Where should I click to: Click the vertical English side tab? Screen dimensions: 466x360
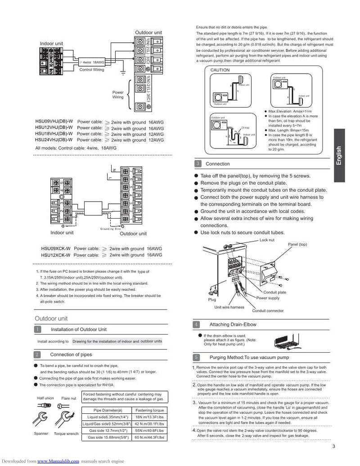coord(345,156)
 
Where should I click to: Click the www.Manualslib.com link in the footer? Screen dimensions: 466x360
coord(58,461)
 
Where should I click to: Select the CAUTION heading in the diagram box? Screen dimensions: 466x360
coord(220,70)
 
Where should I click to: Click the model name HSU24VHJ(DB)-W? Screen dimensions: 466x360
coord(54,140)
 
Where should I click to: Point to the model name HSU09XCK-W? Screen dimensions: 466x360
coord(56,248)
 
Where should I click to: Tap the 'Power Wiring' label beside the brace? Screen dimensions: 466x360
coord(118,94)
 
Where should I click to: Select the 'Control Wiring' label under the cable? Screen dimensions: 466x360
coord(91,70)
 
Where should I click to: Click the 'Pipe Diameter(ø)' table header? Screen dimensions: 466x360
coord(108,410)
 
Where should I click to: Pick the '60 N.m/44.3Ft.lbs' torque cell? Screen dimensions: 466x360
coord(149,437)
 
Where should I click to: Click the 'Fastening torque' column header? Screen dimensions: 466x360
coord(149,410)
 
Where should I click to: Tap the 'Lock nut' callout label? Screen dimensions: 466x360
coord(267,240)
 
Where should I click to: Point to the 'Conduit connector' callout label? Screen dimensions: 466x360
coord(267,311)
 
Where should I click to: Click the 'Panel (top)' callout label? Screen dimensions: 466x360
coord(297,244)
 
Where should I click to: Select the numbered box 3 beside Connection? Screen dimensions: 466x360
coord(198,164)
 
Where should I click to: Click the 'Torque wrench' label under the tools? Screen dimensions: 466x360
coord(66,434)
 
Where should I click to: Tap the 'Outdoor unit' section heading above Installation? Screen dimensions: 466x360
coord(51,318)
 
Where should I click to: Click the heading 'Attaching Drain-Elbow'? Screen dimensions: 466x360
coord(231,324)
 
